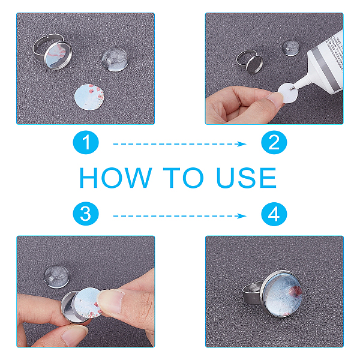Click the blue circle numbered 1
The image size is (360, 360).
[86, 142]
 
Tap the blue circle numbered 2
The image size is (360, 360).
[274, 142]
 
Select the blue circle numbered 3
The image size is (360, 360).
[86, 214]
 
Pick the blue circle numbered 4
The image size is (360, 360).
[274, 214]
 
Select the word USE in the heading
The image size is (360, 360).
[247, 178]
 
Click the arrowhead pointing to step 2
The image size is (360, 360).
[242, 144]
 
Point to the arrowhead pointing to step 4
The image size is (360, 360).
[242, 216]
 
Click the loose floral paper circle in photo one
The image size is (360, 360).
[89, 97]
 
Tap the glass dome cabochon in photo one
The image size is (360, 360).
[115, 59]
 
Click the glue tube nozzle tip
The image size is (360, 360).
[292, 88]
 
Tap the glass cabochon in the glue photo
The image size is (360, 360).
[290, 48]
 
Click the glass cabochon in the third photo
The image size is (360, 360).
[57, 276]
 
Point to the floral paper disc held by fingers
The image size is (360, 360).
[89, 302]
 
